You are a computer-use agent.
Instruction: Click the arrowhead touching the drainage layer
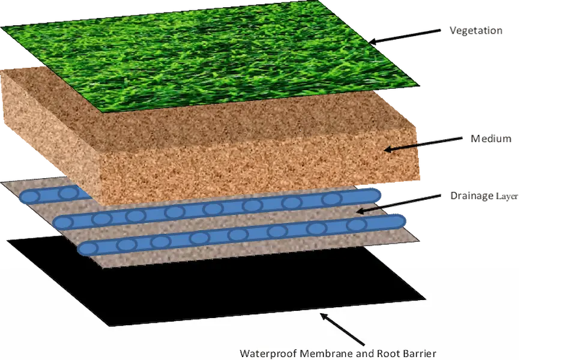[360, 211]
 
